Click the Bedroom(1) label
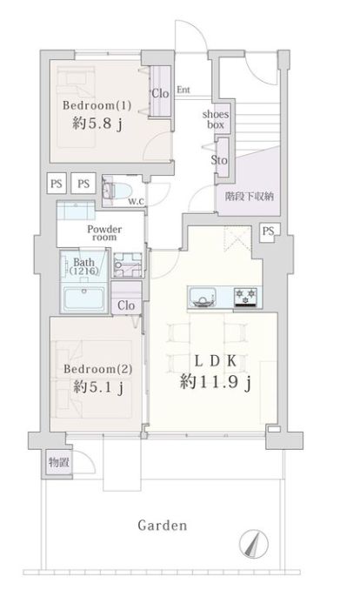point(97,106)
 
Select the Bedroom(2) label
point(96,368)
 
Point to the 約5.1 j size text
point(96,386)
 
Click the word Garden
point(163,526)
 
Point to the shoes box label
point(216,119)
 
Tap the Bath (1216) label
point(85,266)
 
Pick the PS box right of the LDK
point(268,231)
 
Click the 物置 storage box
point(58,462)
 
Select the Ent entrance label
point(183,90)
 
